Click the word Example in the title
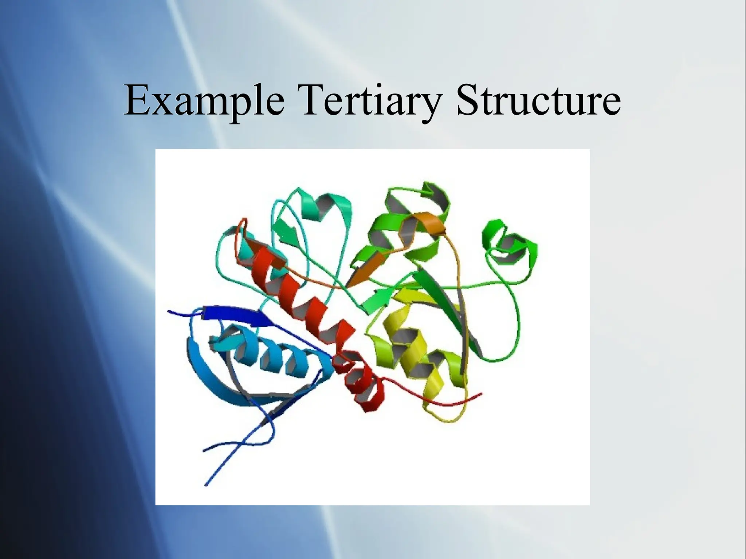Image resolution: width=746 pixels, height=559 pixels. pyautogui.click(x=204, y=100)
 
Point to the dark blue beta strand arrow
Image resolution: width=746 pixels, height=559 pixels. pyautogui.click(x=237, y=315)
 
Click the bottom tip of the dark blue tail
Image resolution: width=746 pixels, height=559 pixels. pyautogui.click(x=207, y=484)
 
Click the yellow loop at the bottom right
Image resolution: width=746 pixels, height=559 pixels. pyautogui.click(x=448, y=419)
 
